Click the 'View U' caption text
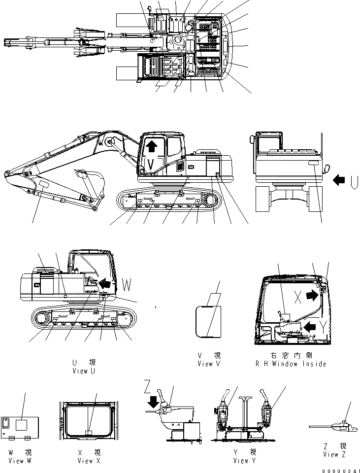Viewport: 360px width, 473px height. pyautogui.click(x=83, y=371)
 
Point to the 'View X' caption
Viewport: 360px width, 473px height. pyautogui.click(x=89, y=461)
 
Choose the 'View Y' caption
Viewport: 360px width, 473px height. pyautogui.click(x=241, y=461)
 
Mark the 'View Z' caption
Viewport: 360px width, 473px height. pyautogui.click(x=334, y=454)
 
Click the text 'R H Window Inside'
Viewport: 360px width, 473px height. pyautogui.click(x=291, y=364)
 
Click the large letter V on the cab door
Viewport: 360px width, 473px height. pyautogui.click(x=152, y=162)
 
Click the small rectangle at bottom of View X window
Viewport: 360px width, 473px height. pyautogui.click(x=89, y=433)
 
